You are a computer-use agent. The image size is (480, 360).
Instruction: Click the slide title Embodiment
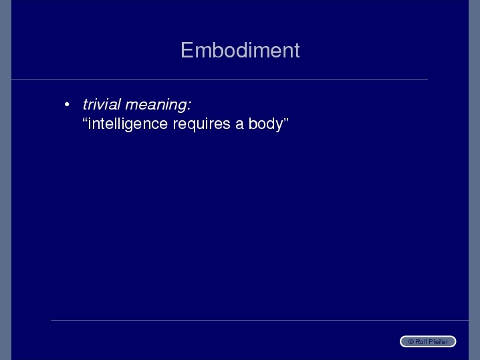[240, 50]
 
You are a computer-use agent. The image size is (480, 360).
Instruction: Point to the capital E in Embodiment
[187, 50]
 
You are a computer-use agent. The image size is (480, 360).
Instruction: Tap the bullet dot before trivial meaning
[67, 105]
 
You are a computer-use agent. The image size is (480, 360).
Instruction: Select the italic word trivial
[102, 104]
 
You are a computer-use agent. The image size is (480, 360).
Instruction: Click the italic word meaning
[155, 106]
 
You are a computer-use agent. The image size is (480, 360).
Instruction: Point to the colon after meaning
[189, 106]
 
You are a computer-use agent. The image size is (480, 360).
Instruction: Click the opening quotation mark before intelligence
[85, 120]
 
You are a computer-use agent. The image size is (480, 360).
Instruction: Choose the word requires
[201, 125]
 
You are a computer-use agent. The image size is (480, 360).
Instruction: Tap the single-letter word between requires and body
[239, 125]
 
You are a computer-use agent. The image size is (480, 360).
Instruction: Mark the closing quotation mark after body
[286, 120]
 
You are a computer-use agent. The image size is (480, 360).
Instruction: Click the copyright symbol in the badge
[411, 342]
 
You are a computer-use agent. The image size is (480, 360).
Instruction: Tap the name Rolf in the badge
[421, 342]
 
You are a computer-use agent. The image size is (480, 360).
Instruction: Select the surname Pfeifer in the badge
[439, 342]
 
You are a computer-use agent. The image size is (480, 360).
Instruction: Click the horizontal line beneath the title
[219, 80]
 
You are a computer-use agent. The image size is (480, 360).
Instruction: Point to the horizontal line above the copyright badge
[259, 320]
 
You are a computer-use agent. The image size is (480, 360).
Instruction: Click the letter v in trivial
[103, 106]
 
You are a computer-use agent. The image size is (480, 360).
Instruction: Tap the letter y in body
[279, 126]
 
